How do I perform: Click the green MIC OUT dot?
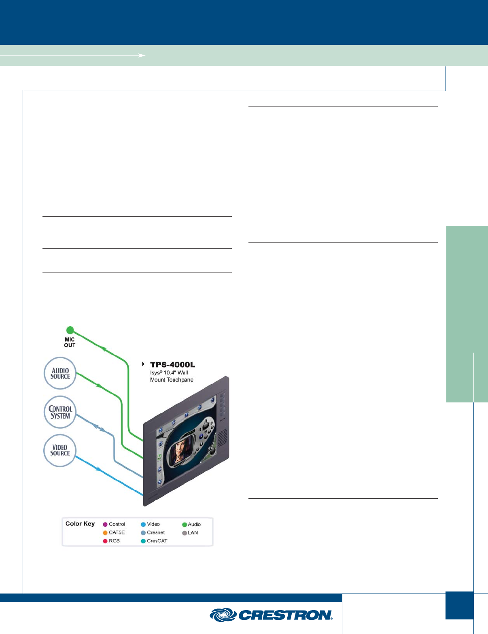point(70,330)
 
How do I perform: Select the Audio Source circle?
point(60,373)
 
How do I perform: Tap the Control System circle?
point(60,412)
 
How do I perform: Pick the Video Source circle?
point(60,450)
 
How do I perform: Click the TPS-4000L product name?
point(172,365)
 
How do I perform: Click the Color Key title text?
point(80,523)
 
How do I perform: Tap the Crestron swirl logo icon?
point(223,615)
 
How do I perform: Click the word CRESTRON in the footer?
point(285,615)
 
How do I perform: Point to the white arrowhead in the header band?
point(142,55)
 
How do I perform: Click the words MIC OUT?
point(70,343)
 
